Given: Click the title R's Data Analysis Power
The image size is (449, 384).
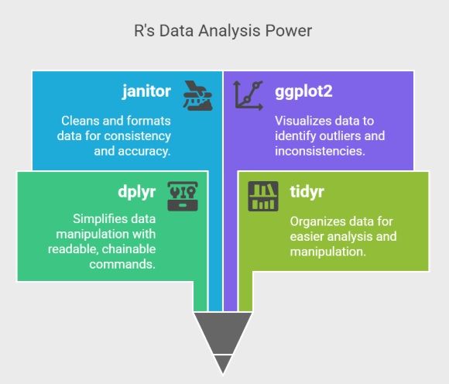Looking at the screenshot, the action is tap(223, 31).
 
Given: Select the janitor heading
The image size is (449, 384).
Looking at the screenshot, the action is tap(146, 91).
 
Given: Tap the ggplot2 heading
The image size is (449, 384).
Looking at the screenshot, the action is tap(303, 91).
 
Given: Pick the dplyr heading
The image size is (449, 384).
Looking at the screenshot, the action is tap(137, 192).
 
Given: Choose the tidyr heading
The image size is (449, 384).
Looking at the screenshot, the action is tap(307, 191).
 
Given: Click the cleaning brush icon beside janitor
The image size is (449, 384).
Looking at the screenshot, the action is tap(198, 96).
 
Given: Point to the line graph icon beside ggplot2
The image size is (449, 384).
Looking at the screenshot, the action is tap(248, 96).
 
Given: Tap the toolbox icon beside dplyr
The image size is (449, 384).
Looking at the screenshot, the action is tap(183, 196).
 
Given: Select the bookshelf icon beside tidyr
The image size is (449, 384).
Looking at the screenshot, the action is tap(263, 196).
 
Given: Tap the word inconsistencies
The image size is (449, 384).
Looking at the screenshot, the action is tap(320, 151).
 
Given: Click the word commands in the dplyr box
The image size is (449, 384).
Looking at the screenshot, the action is tap(122, 264).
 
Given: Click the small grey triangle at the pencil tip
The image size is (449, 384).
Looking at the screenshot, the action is tap(223, 363).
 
